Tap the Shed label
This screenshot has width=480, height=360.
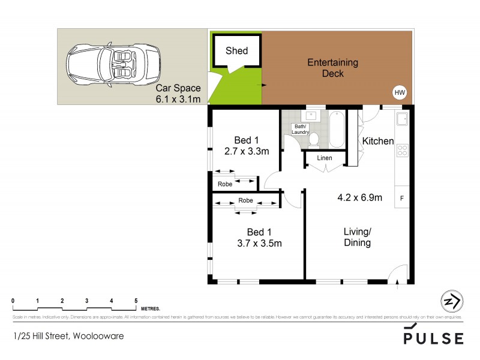pyautogui.click(x=236, y=51)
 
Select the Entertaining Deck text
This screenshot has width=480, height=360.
pyautogui.click(x=332, y=68)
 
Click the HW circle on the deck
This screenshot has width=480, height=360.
pyautogui.click(x=400, y=92)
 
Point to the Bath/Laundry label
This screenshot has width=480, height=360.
pyautogui.click(x=300, y=129)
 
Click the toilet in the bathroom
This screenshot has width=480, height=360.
pyautogui.click(x=313, y=139)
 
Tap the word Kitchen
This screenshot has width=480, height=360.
pyautogui.click(x=377, y=142)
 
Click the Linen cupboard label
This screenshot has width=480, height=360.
pyautogui.click(x=325, y=158)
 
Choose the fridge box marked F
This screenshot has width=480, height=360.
pyautogui.click(x=401, y=197)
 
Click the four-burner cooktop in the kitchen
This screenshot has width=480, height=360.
pyautogui.click(x=403, y=150)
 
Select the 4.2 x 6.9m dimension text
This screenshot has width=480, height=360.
pyautogui.click(x=359, y=198)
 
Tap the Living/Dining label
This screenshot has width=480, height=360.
pyautogui.click(x=357, y=237)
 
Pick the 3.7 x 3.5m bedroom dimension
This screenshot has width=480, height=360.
pyautogui.click(x=260, y=243)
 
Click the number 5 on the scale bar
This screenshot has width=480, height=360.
pyautogui.click(x=136, y=301)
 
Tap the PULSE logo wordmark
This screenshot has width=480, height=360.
pyautogui.click(x=433, y=338)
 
